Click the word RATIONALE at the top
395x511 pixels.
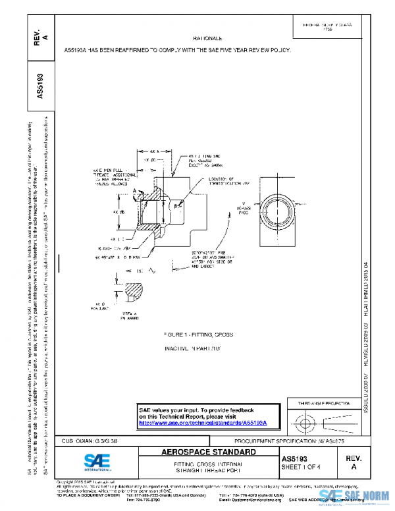pos(207,40)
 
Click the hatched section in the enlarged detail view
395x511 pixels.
pos(136,289)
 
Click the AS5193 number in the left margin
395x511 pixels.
pos(41,85)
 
